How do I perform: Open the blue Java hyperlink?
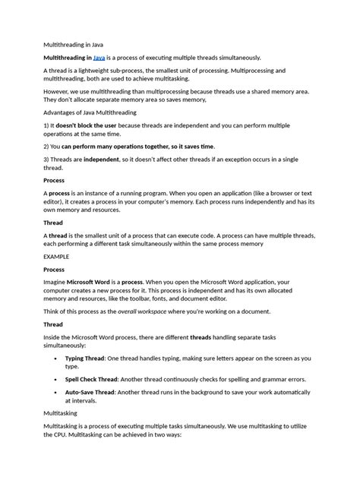(99, 58)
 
